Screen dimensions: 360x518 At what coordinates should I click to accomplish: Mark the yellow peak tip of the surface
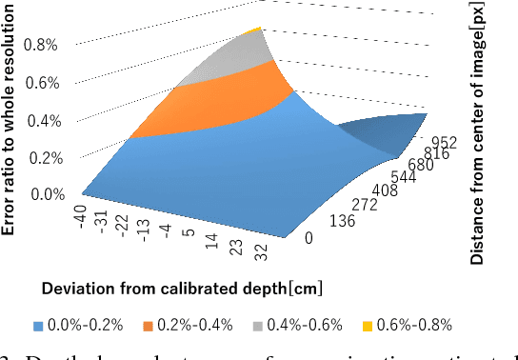coord(249,30)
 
